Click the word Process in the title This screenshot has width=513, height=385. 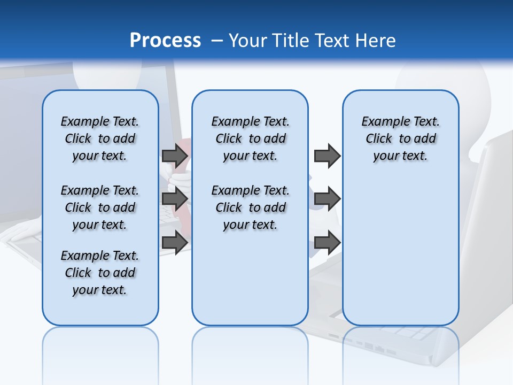[x=165, y=40]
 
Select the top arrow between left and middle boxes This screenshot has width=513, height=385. [x=175, y=156]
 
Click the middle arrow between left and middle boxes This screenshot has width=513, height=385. [x=175, y=199]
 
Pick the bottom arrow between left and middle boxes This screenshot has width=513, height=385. [x=175, y=242]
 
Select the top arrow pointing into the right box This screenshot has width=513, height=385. [x=327, y=156]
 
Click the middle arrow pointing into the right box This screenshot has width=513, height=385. [x=327, y=199]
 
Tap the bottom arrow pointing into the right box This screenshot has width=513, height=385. [x=327, y=242]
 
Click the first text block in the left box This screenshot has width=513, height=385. [x=100, y=138]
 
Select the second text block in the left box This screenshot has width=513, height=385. [x=100, y=207]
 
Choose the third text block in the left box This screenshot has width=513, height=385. [x=100, y=273]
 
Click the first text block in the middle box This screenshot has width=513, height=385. [x=250, y=138]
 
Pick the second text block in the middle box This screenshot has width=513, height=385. [x=250, y=207]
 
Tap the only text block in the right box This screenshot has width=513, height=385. [x=401, y=138]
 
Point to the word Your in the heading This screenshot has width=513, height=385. [x=247, y=40]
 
